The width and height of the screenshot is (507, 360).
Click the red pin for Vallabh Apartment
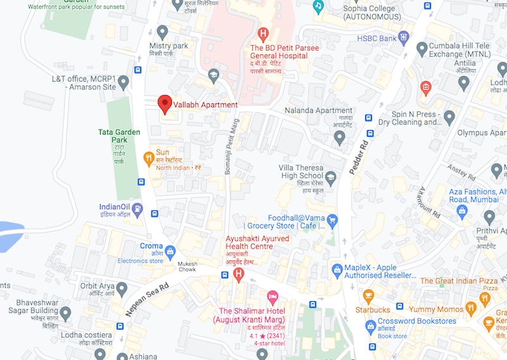click(165, 103)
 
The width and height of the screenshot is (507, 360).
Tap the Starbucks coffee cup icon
click(368, 296)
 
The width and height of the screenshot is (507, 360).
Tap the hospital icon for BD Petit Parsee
click(263, 34)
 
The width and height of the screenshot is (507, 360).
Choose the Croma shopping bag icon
click(170, 249)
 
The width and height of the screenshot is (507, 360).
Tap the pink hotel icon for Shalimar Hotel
click(273, 296)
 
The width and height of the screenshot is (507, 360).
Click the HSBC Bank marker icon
click(403, 37)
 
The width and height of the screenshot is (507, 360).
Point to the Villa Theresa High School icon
click(330, 176)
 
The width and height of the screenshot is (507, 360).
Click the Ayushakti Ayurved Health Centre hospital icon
click(239, 274)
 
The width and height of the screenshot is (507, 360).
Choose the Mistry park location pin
click(163, 31)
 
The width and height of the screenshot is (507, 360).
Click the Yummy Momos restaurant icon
click(470, 309)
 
